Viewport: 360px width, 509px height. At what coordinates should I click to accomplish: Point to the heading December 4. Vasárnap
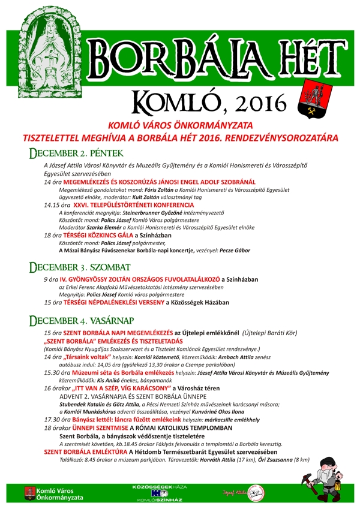point(84,320)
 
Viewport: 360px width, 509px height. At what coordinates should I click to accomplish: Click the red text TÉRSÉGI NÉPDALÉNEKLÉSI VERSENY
point(121,303)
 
